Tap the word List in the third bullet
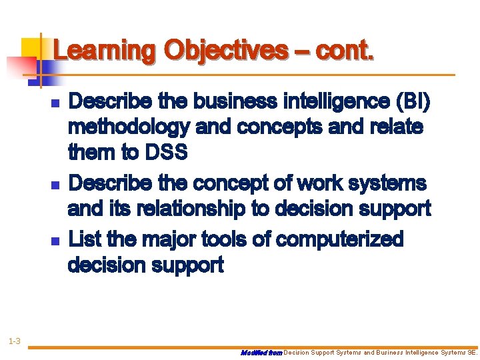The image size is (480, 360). click(x=86, y=238)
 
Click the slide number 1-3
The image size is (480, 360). click(x=14, y=342)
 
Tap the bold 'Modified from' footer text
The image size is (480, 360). click(x=261, y=352)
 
